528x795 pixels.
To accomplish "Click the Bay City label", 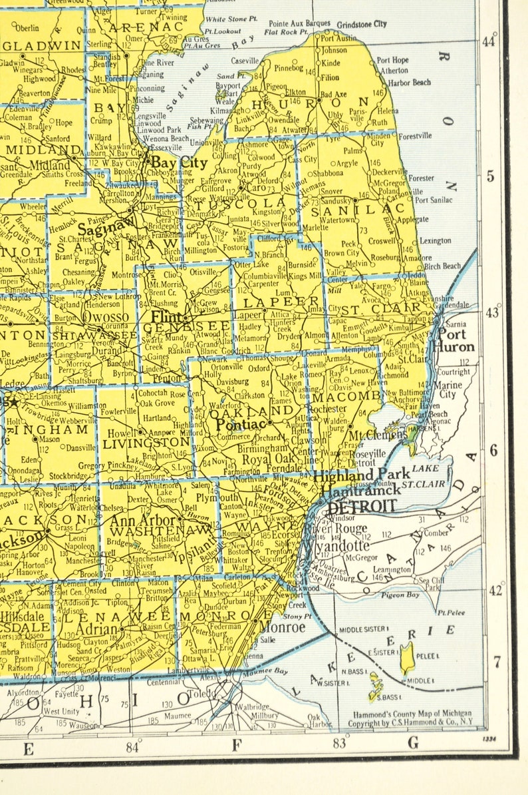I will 172,161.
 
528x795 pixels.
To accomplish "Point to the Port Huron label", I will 456,341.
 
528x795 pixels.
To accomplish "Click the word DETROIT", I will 361,506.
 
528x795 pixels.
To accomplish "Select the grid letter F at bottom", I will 235,745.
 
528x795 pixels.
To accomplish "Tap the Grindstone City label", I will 362,24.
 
